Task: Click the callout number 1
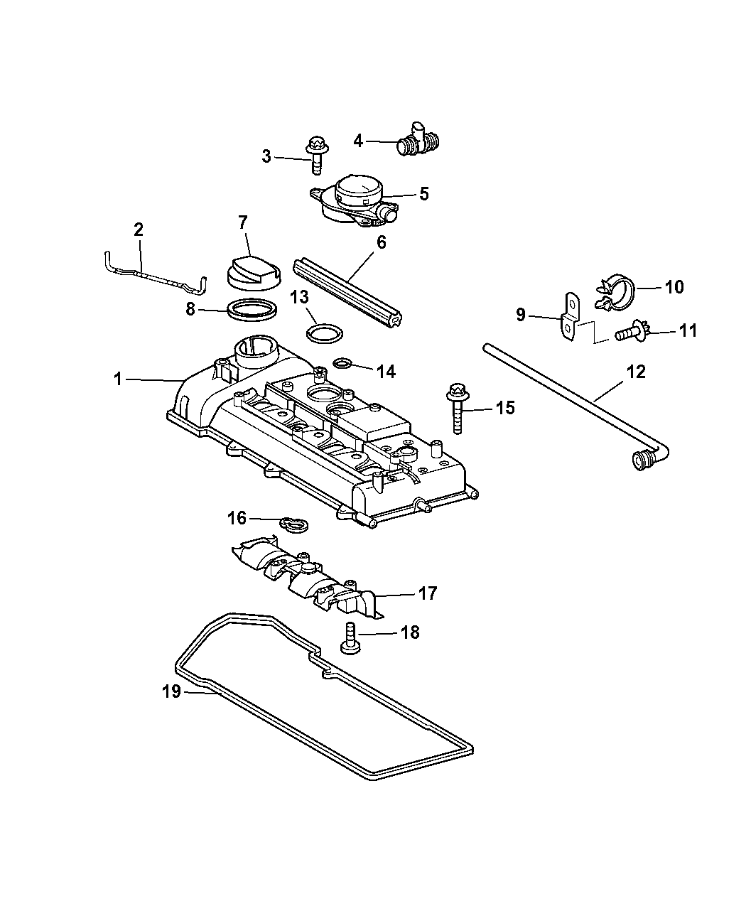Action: (x=118, y=379)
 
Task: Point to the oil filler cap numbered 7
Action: (x=249, y=274)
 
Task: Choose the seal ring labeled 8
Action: (x=252, y=310)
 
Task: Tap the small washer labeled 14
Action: (x=342, y=364)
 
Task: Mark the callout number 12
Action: (x=635, y=371)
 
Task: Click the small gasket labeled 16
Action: (x=292, y=524)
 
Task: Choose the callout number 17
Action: (x=428, y=593)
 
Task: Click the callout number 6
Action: (x=381, y=242)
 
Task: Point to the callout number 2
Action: (x=139, y=229)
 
